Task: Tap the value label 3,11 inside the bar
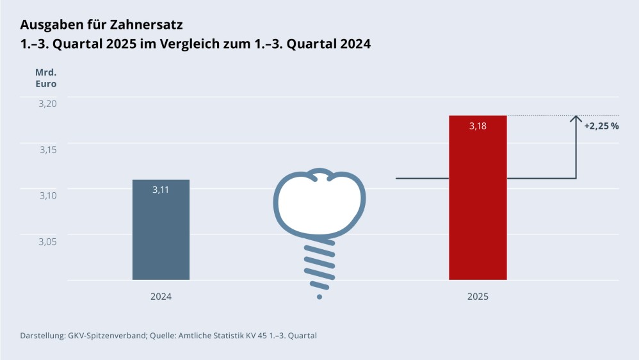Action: click(161, 190)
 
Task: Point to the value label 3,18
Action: click(478, 126)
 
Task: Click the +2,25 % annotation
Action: click(601, 126)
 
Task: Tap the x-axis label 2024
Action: click(161, 297)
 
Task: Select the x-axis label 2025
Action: click(478, 297)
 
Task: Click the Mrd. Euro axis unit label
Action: click(45, 78)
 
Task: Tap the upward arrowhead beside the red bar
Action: click(576, 119)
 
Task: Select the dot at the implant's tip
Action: click(319, 297)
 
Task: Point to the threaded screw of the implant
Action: click(319, 266)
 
